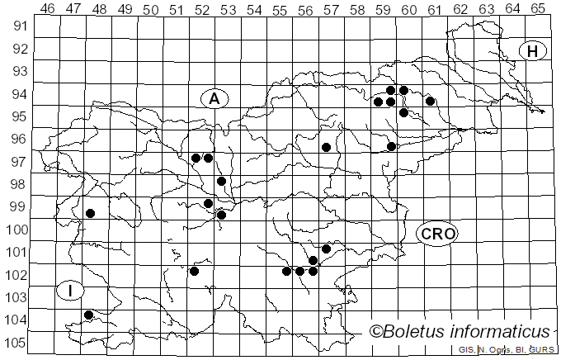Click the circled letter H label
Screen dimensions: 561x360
534,51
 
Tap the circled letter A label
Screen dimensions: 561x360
214,98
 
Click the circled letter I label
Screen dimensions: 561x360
71,290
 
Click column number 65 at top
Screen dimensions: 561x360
538,9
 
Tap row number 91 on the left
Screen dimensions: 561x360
19,26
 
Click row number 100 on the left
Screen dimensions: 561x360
16,230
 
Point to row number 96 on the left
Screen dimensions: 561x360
19,139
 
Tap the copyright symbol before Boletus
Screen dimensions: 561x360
375,332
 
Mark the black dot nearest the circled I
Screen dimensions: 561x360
88,315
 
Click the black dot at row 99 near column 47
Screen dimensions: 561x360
90,213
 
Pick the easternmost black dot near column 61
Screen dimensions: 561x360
430,101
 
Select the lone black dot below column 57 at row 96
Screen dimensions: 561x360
326,147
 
